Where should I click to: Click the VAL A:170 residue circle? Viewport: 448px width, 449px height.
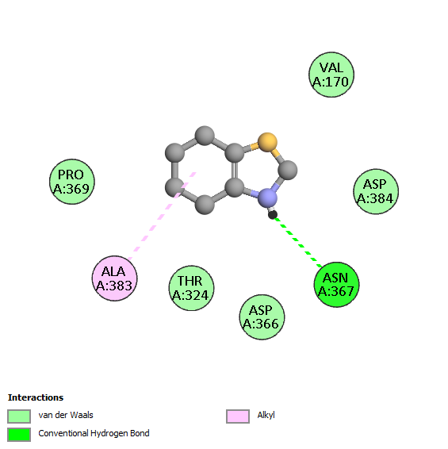(x=331, y=75)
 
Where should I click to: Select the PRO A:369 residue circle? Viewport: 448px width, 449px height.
(x=72, y=182)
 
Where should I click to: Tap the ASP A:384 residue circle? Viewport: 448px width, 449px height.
(x=376, y=191)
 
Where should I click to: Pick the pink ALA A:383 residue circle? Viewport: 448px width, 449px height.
(x=114, y=278)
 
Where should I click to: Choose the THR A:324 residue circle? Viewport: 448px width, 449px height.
(x=191, y=288)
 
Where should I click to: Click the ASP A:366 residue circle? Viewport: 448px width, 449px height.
(x=262, y=317)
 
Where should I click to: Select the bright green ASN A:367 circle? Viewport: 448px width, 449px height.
(x=336, y=284)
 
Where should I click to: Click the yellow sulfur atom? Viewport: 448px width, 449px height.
(x=267, y=142)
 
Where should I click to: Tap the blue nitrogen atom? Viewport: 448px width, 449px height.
(x=267, y=198)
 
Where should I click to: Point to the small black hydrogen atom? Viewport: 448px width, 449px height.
(x=273, y=214)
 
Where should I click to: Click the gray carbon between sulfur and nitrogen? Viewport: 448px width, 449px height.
(x=288, y=170)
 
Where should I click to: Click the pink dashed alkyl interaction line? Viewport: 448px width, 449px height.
(x=162, y=216)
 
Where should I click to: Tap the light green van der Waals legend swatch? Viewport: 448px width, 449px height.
(x=19, y=416)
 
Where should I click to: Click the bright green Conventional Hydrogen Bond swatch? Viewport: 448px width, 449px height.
(x=19, y=435)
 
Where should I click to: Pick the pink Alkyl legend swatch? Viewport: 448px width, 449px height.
(x=238, y=416)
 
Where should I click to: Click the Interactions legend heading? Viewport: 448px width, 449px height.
(x=36, y=397)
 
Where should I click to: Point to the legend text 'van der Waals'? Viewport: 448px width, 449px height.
(x=66, y=415)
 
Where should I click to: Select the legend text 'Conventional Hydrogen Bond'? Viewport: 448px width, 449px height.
(x=94, y=434)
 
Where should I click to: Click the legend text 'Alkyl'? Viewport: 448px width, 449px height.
(x=266, y=415)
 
